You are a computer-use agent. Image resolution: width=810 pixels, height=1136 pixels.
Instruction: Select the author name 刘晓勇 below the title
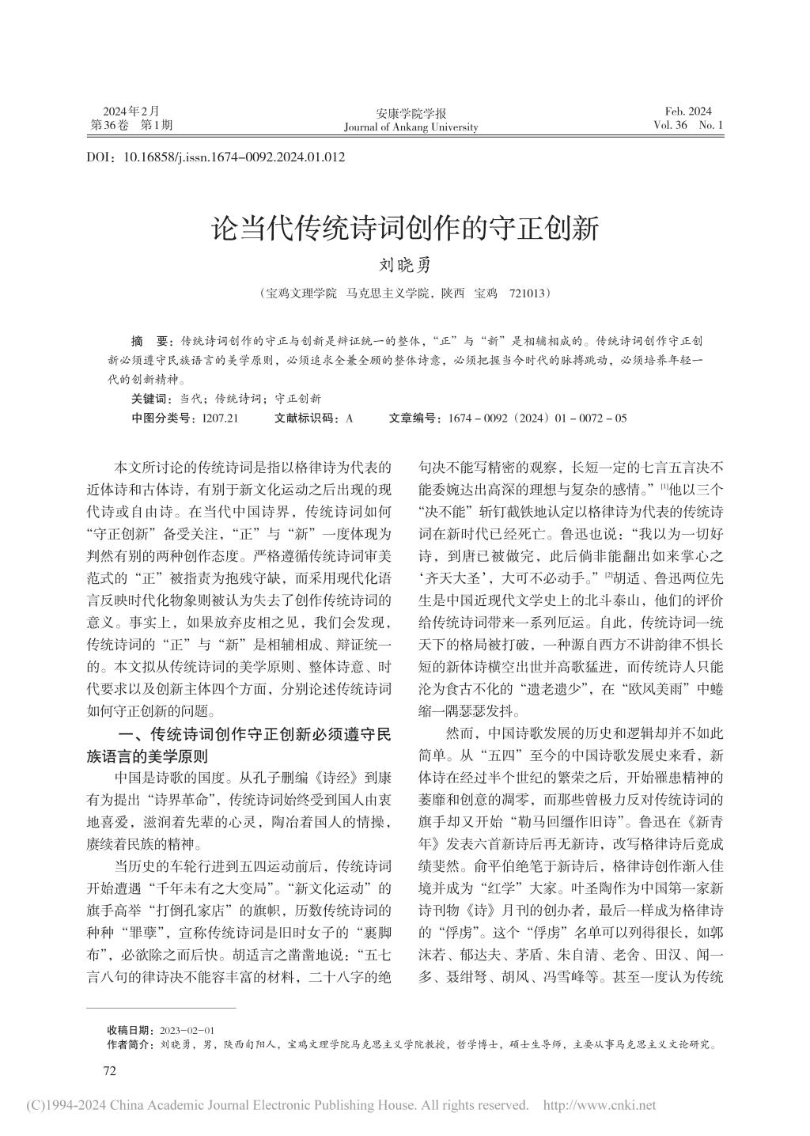tap(403, 266)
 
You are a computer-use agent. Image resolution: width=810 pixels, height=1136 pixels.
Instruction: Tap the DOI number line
tap(215, 157)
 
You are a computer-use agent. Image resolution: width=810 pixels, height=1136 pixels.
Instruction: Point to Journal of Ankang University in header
tap(411, 127)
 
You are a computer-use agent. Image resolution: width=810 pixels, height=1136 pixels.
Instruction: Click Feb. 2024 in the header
tap(688, 112)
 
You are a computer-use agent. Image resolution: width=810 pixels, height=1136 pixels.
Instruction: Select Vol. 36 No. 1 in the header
tap(688, 125)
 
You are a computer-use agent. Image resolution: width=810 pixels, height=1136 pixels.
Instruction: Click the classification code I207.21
tap(221, 417)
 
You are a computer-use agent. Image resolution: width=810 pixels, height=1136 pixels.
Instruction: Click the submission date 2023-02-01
tap(187, 1031)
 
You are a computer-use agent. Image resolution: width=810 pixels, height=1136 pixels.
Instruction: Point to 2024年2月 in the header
tap(131, 112)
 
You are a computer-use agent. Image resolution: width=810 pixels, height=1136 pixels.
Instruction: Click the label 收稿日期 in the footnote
tap(129, 1031)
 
